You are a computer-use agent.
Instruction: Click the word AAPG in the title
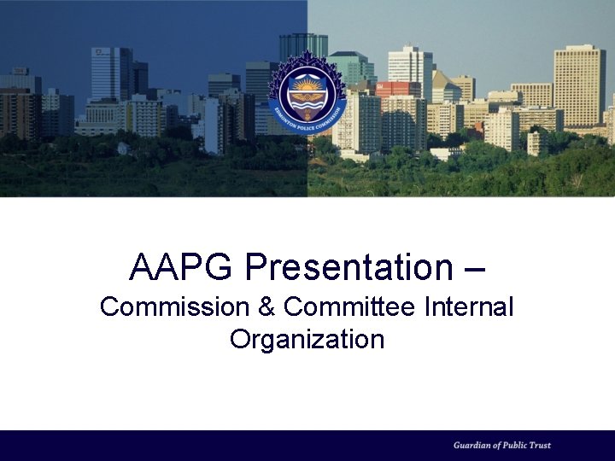180,267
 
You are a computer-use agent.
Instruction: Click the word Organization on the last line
307,339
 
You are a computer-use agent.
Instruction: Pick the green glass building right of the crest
352,68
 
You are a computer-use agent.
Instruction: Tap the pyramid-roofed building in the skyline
444,85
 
